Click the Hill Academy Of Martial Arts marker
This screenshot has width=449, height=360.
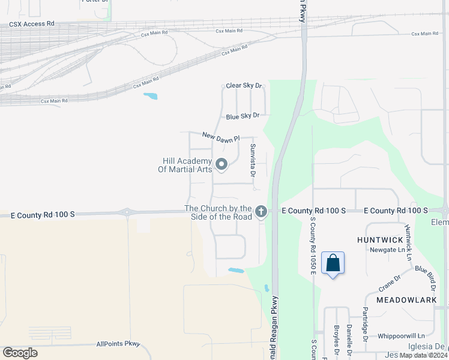click(221, 164)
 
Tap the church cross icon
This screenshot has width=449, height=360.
click(261, 211)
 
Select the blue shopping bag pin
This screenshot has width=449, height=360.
click(333, 263)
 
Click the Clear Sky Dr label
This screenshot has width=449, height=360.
click(244, 86)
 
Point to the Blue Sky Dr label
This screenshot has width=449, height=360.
click(243, 115)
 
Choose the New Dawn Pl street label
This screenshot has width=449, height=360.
click(220, 137)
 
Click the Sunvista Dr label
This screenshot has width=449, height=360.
click(253, 160)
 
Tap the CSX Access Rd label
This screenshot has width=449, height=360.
click(31, 24)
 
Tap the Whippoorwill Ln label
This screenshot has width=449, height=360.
click(401, 336)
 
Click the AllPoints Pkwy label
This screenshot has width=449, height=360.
click(118, 344)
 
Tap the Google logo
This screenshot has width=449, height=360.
click(20, 352)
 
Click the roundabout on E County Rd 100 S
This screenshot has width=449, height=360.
click(127, 212)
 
